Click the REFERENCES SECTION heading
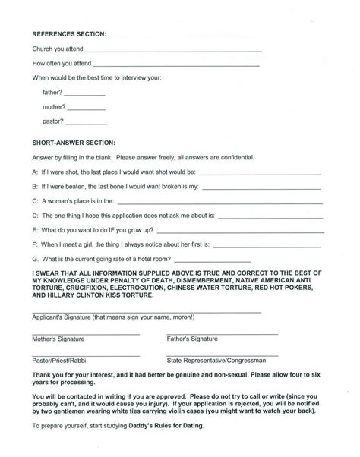coord(69,35)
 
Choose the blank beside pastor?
coord(87,122)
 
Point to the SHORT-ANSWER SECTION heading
coord(74,143)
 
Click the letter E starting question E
coord(34,229)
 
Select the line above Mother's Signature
coord(86,333)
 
